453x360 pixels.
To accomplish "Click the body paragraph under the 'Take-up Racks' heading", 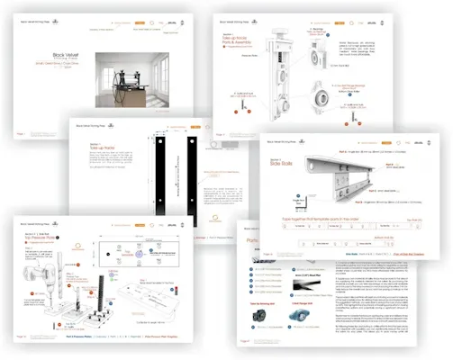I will [100, 166].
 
